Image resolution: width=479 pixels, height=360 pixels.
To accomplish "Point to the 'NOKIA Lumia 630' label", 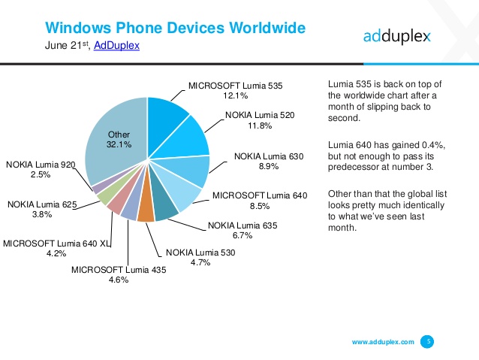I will pyautogui.click(x=269, y=156).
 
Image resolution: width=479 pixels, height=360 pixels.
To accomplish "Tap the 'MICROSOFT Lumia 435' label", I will pyautogui.click(x=118, y=269).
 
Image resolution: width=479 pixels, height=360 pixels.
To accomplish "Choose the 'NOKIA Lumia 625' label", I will pyautogui.click(x=41, y=203).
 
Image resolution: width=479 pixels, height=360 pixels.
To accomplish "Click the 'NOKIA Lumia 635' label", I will pyautogui.click(x=242, y=225).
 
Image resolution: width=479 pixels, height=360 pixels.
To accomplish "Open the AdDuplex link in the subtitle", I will pyautogui.click(x=117, y=47).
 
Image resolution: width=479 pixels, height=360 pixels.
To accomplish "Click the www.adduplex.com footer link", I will pyautogui.click(x=383, y=342).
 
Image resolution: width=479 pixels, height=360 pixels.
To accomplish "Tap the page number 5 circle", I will pyautogui.click(x=429, y=341).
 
